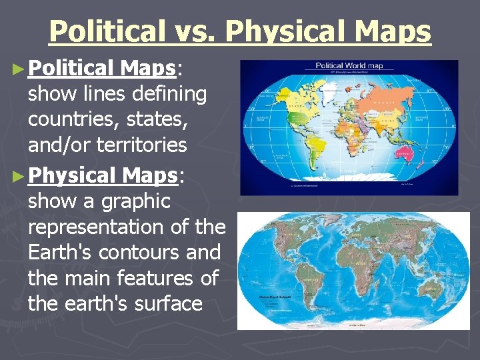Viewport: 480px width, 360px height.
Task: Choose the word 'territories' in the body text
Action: click(147, 145)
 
